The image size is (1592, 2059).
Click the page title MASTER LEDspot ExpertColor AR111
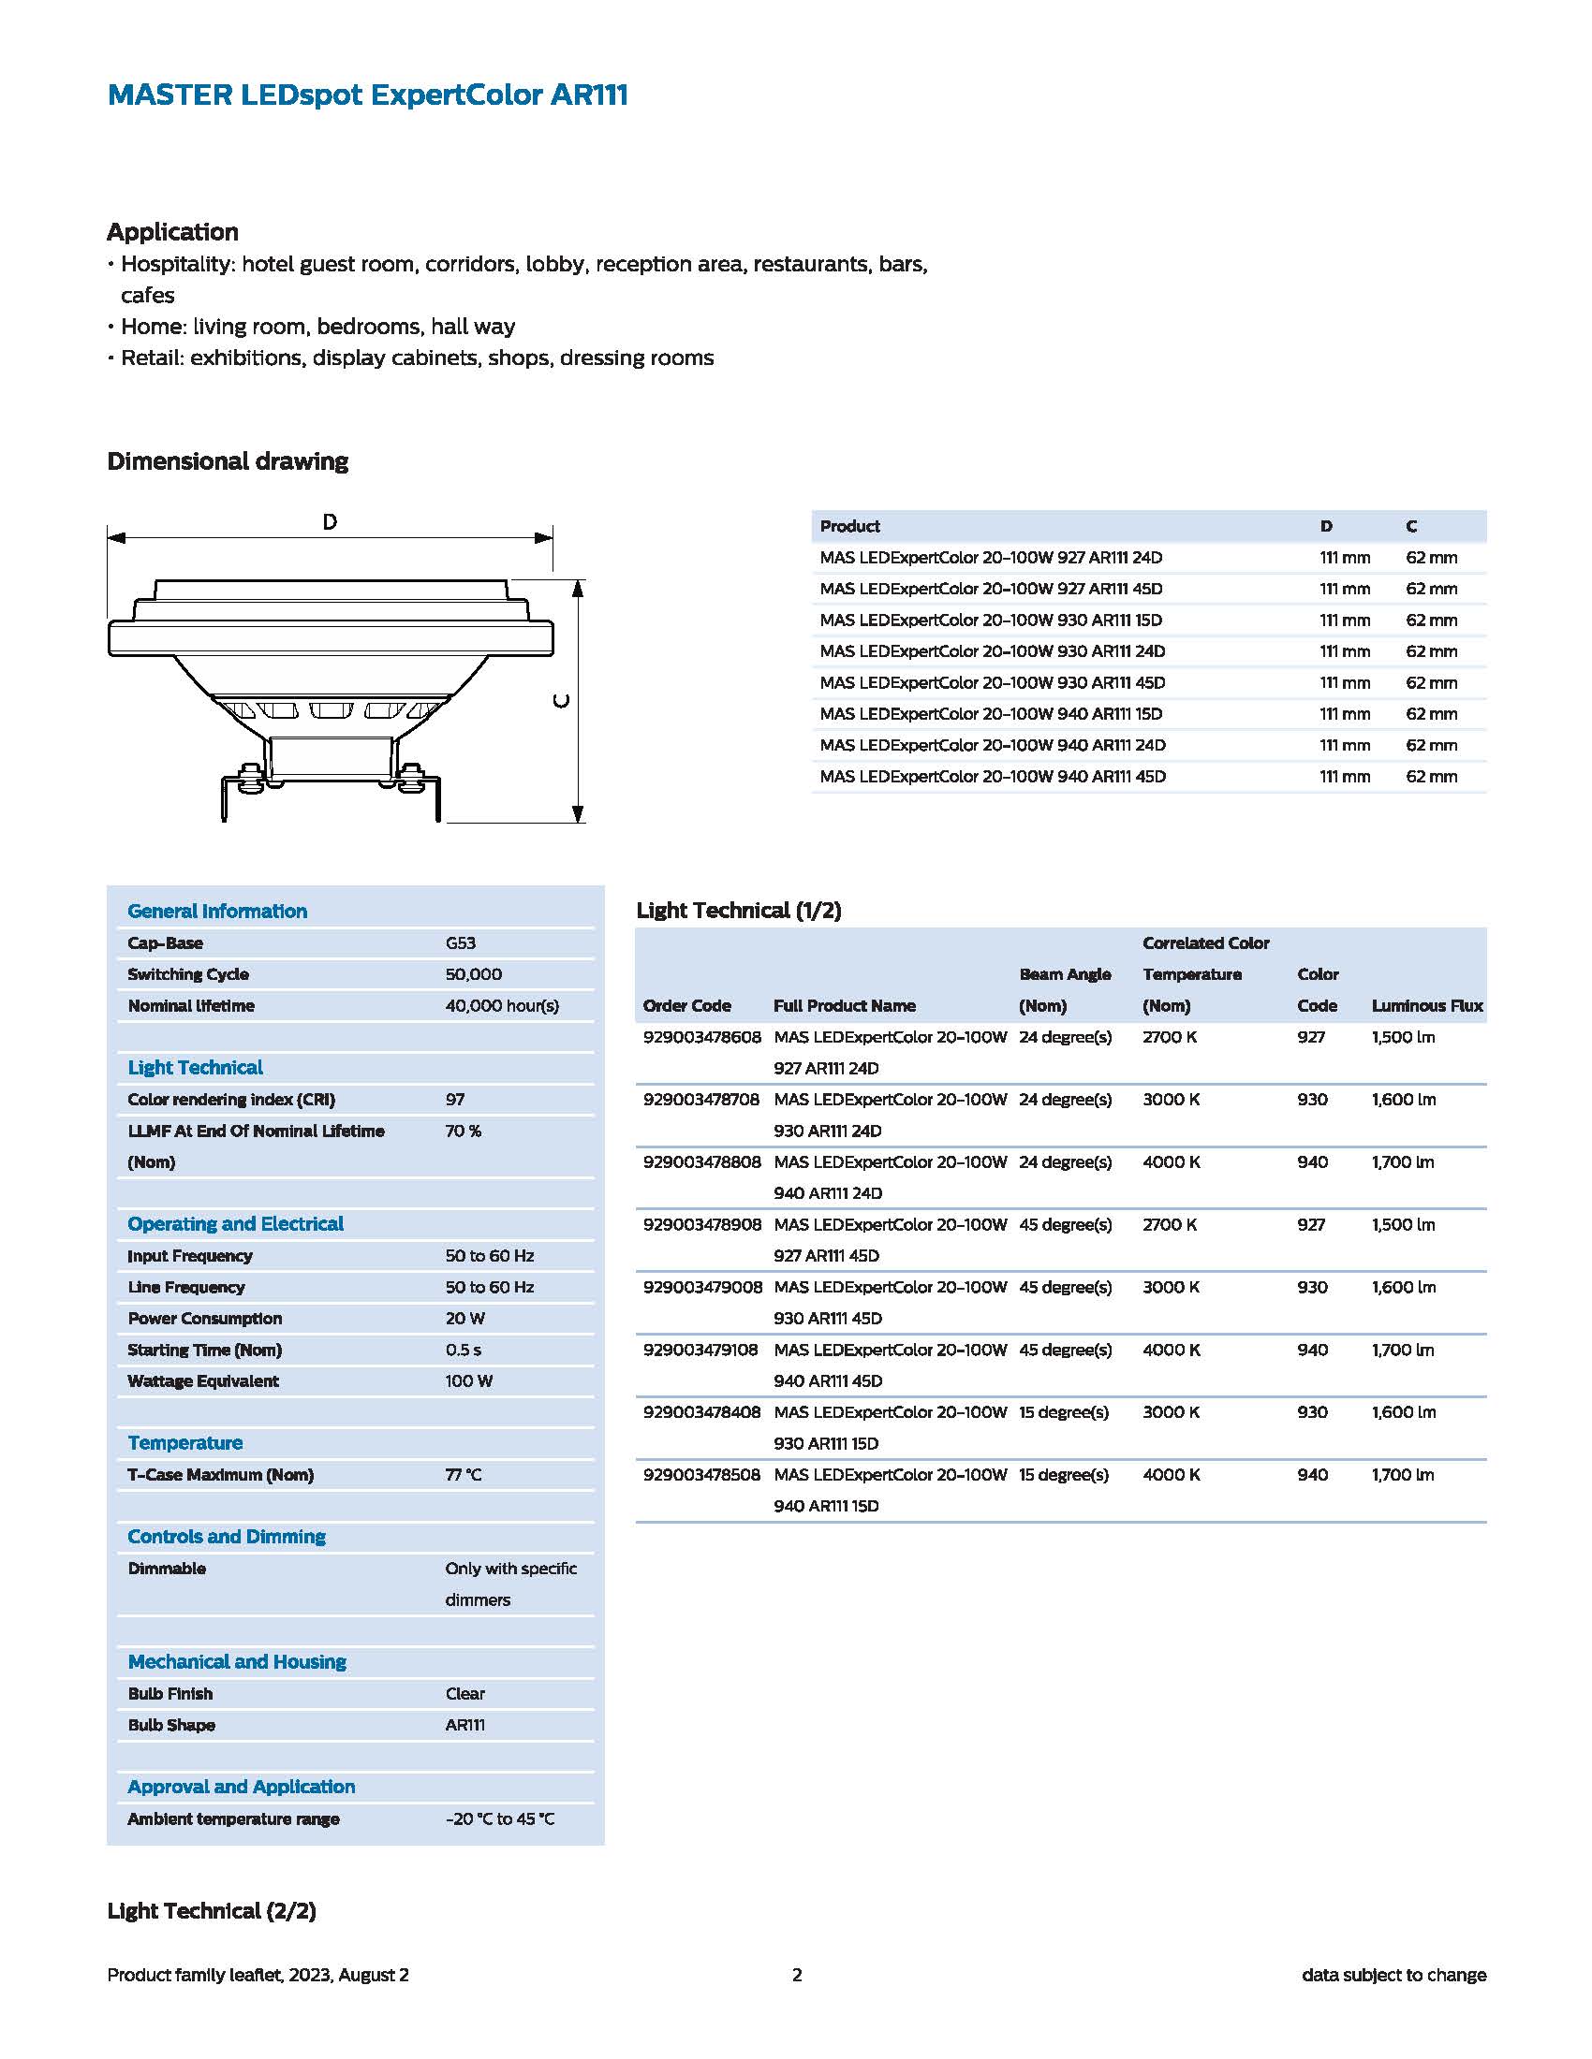(x=367, y=95)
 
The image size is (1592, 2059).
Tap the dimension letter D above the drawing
(x=330, y=521)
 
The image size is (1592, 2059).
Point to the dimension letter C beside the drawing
(x=561, y=700)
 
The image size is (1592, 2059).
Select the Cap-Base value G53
(x=460, y=942)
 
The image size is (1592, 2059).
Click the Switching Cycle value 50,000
(x=474, y=974)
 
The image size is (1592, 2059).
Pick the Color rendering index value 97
(x=454, y=1100)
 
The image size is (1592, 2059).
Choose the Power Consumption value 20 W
(x=465, y=1318)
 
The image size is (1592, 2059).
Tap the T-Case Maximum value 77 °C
(x=463, y=1474)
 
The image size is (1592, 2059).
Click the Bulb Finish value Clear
(x=465, y=1693)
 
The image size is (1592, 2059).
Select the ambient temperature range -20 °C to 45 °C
(x=500, y=1818)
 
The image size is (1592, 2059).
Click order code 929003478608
(x=701, y=1037)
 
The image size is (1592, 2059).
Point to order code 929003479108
(x=700, y=1350)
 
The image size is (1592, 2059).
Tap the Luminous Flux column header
(x=1427, y=1006)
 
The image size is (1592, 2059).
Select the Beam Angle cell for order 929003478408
(x=1063, y=1412)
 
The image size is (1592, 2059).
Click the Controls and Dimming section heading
(x=227, y=1537)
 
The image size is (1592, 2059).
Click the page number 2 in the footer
(x=797, y=1975)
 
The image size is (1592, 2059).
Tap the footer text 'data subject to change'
(x=1393, y=1975)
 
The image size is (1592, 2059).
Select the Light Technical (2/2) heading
(x=212, y=1911)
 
